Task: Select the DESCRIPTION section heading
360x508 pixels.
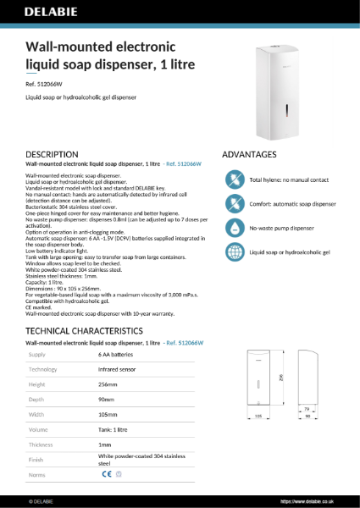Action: [53, 155]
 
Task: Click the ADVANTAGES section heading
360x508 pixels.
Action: [249, 155]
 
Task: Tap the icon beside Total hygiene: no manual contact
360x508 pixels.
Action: [234, 179]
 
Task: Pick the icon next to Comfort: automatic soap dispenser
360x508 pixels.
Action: [234, 204]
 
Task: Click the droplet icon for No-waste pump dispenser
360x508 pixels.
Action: [234, 228]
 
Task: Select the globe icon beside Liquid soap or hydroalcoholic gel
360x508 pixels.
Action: [234, 252]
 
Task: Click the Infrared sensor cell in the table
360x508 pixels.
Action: [118, 370]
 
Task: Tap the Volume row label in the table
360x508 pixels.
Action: [39, 429]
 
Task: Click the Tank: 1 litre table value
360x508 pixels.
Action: [118, 429]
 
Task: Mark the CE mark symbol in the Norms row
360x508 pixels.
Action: [106, 475]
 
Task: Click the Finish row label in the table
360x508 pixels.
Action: [37, 459]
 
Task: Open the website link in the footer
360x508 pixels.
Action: [317, 501]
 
